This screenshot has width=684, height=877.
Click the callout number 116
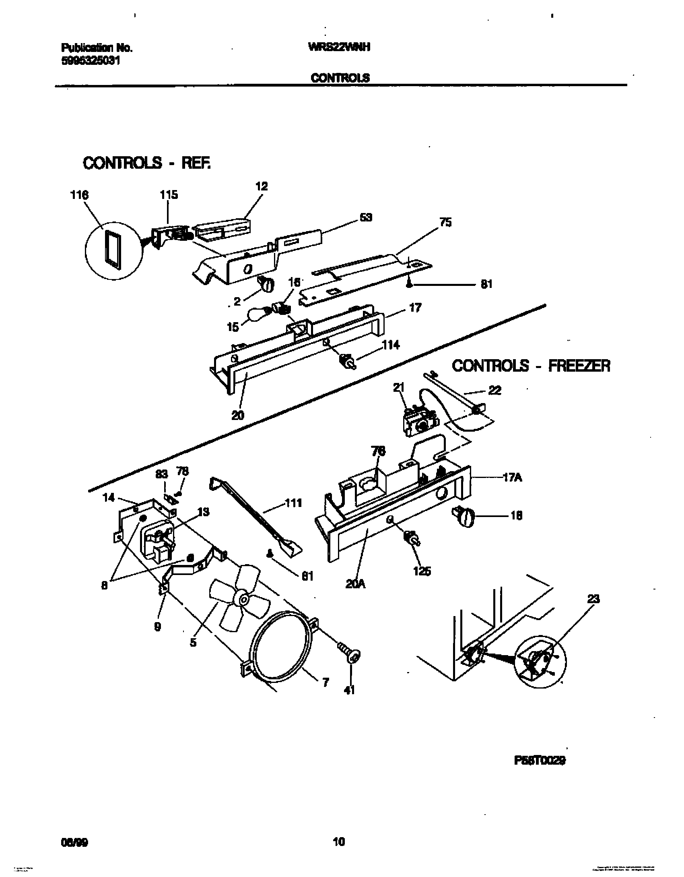tap(79, 195)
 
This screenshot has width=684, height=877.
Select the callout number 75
tap(445, 222)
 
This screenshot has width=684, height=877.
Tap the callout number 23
tap(593, 599)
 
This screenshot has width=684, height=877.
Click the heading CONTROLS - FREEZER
tap(531, 366)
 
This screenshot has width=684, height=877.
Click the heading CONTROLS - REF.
tap(146, 163)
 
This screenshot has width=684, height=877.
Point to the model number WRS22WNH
tap(339, 47)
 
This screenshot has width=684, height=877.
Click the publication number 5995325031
tap(91, 60)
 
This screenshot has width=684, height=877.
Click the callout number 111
tap(293, 503)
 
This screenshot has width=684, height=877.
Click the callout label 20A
tap(355, 584)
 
